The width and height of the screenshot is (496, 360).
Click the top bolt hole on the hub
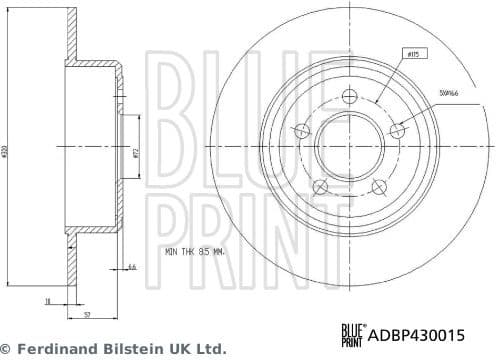click(x=349, y=96)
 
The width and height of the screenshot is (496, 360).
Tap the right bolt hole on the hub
click(x=397, y=130)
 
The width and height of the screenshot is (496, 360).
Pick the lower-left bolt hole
click(x=319, y=187)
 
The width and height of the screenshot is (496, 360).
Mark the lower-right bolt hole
click(x=378, y=187)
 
